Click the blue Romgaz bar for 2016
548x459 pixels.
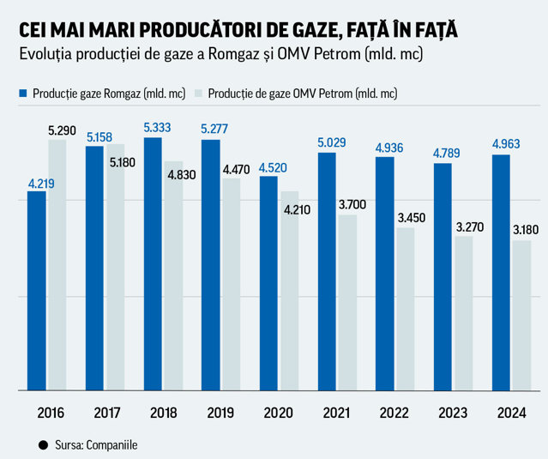coord(37,291)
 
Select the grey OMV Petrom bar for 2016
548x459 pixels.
coord(57,265)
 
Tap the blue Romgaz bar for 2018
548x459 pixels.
coord(153,264)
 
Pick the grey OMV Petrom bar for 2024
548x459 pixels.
coord(521,316)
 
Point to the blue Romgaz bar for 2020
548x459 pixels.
coord(268,283)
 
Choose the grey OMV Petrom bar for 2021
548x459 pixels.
coord(347,302)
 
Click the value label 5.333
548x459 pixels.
coord(157,128)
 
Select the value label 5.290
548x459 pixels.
coord(62,130)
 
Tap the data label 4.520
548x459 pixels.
coord(273,168)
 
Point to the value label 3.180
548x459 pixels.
coord(526,230)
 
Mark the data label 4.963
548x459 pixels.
coord(506,143)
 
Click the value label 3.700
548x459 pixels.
coord(352,204)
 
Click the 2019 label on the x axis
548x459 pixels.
coord(220,413)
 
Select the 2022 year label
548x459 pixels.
coord(394,413)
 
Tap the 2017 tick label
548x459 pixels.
coord(107,413)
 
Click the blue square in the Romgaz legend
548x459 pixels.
coord(23,93)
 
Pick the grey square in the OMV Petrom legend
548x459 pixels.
coord(198,93)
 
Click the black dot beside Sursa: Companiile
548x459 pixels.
coord(44,445)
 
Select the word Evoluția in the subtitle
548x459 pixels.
coord(45,54)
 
